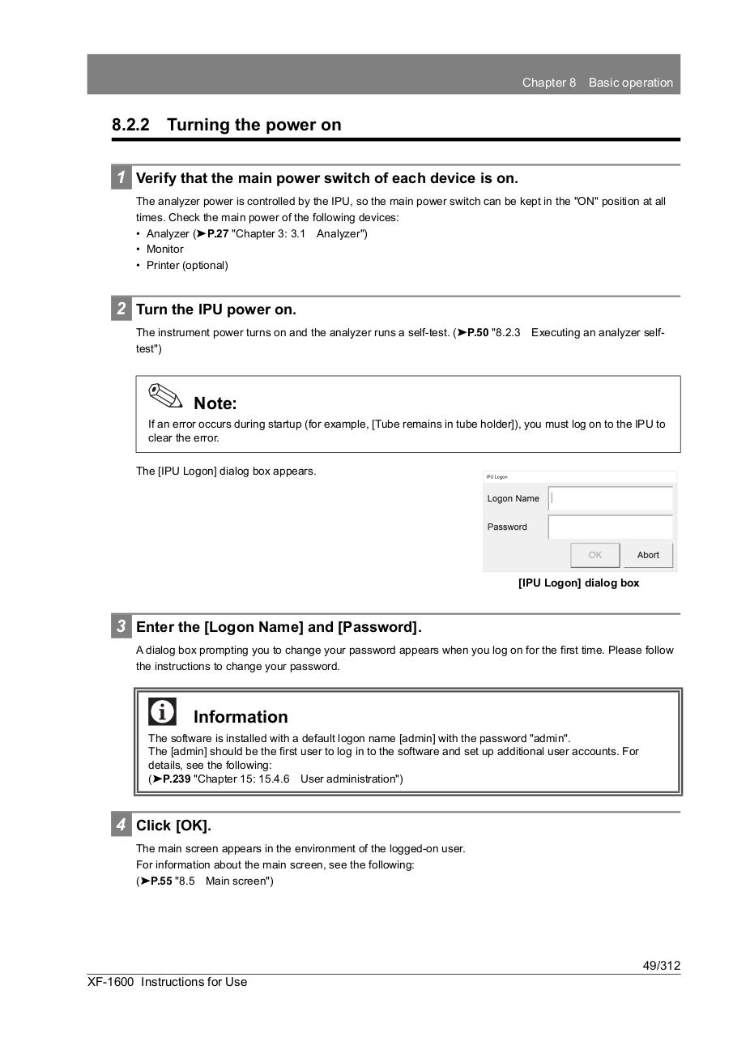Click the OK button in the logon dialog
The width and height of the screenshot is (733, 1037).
[x=595, y=555]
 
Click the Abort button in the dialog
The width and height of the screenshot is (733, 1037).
[x=648, y=555]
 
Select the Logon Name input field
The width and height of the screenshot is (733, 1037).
[x=610, y=498]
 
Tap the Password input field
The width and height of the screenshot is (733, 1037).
[x=610, y=527]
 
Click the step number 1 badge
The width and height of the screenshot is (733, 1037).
[x=121, y=177]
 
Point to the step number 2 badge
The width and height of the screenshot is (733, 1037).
[x=121, y=309]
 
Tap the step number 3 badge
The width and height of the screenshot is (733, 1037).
[x=121, y=626]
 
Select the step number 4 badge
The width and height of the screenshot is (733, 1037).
[x=121, y=825]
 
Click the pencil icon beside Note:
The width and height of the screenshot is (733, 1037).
[x=166, y=396]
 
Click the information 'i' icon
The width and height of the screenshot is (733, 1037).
[x=162, y=711]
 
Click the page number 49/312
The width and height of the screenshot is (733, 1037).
[x=662, y=965]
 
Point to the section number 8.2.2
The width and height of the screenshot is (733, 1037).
[x=130, y=125]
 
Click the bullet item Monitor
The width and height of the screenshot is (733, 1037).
[x=164, y=249]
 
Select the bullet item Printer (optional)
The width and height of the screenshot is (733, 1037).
[x=187, y=265]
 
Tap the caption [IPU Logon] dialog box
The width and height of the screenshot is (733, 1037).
[x=578, y=583]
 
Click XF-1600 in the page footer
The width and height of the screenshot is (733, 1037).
[x=110, y=982]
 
